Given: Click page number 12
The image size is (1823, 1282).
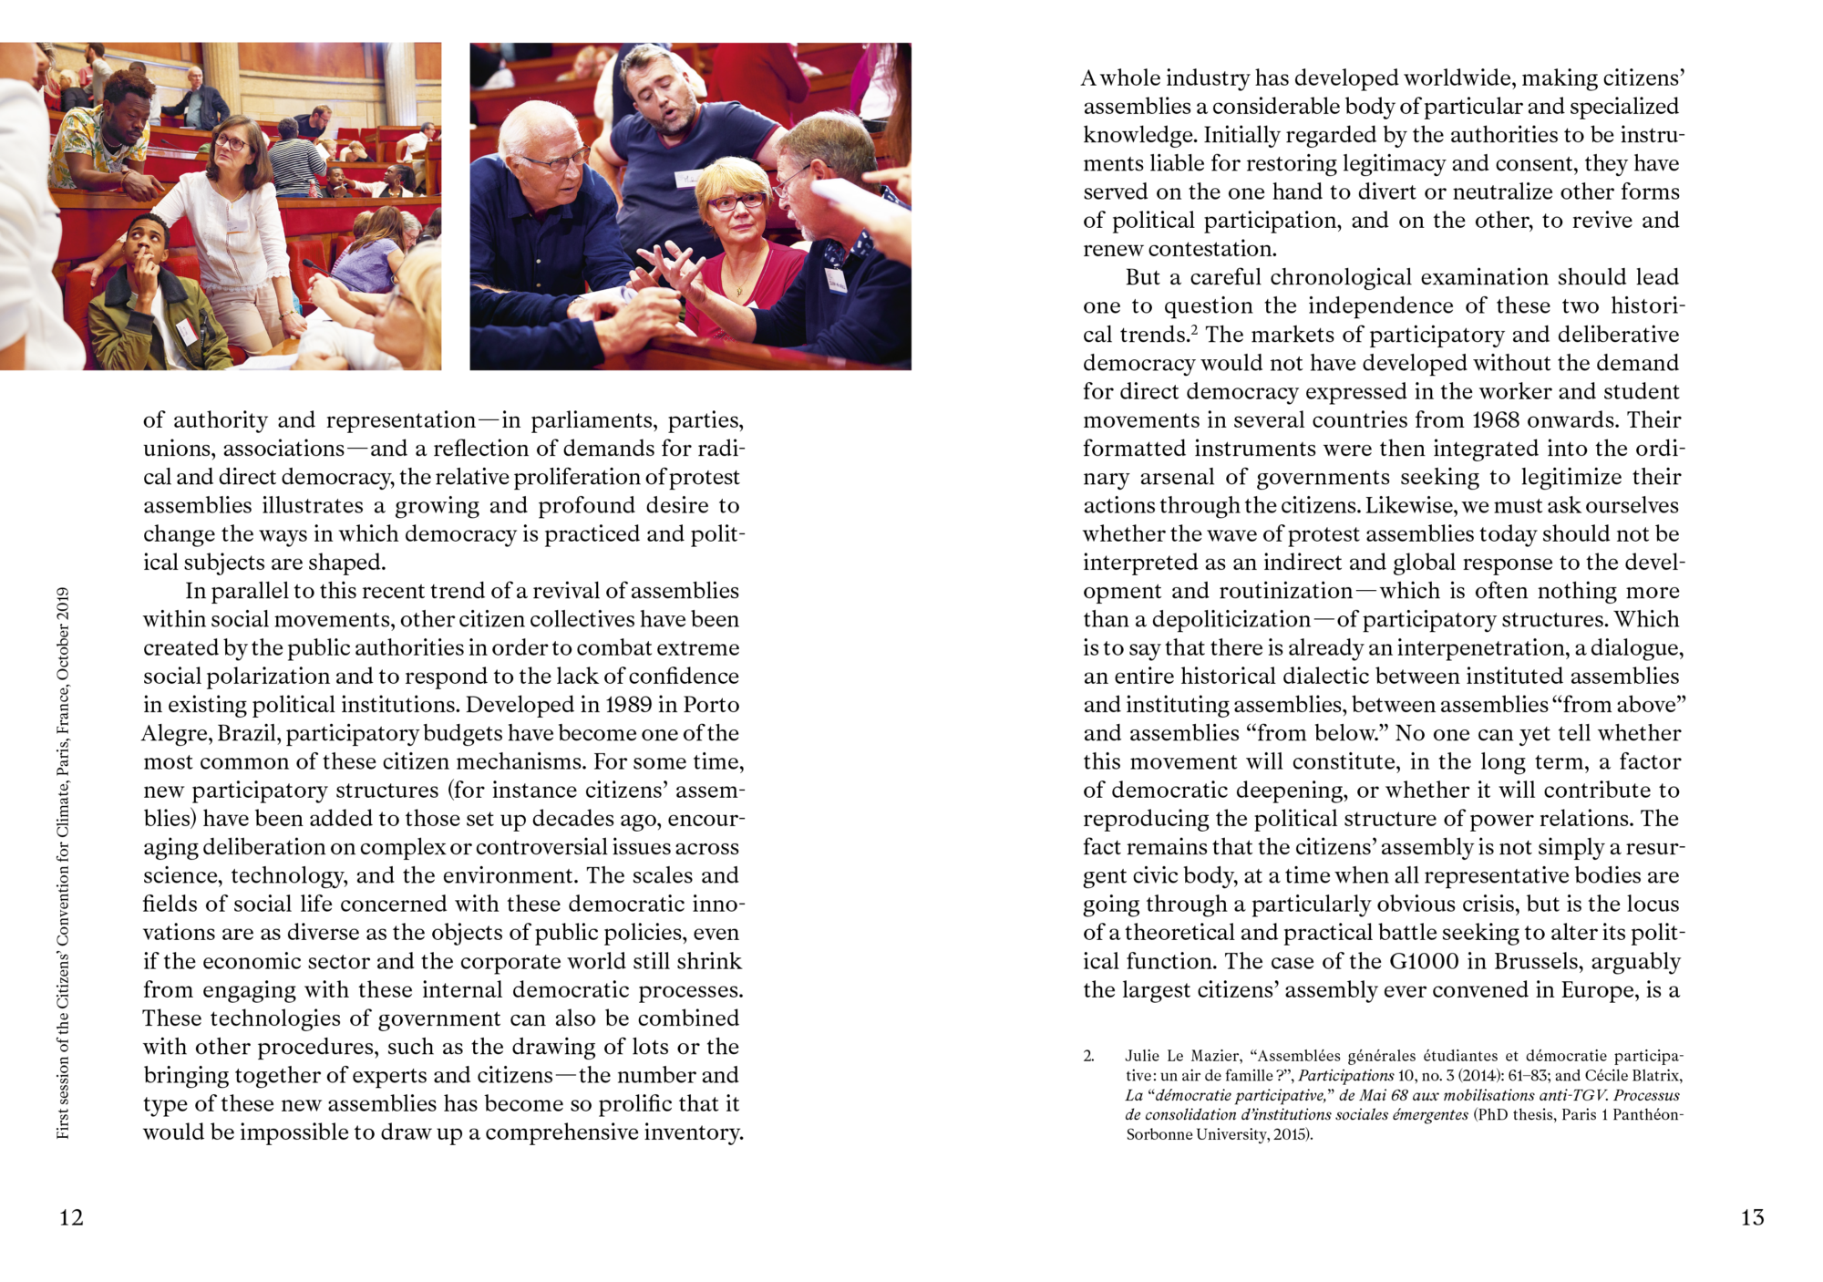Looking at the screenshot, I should [x=71, y=1217].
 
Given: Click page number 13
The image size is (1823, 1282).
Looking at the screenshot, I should [x=1752, y=1217].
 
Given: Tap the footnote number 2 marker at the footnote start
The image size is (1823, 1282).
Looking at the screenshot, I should [x=1088, y=1056].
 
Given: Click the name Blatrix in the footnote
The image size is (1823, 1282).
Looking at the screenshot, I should [x=1653, y=1076].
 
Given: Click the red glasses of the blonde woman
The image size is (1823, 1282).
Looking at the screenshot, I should [x=736, y=201].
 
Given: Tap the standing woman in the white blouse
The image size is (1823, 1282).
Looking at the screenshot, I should [x=235, y=228].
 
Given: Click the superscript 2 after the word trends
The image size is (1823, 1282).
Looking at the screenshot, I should [x=1193, y=329].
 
